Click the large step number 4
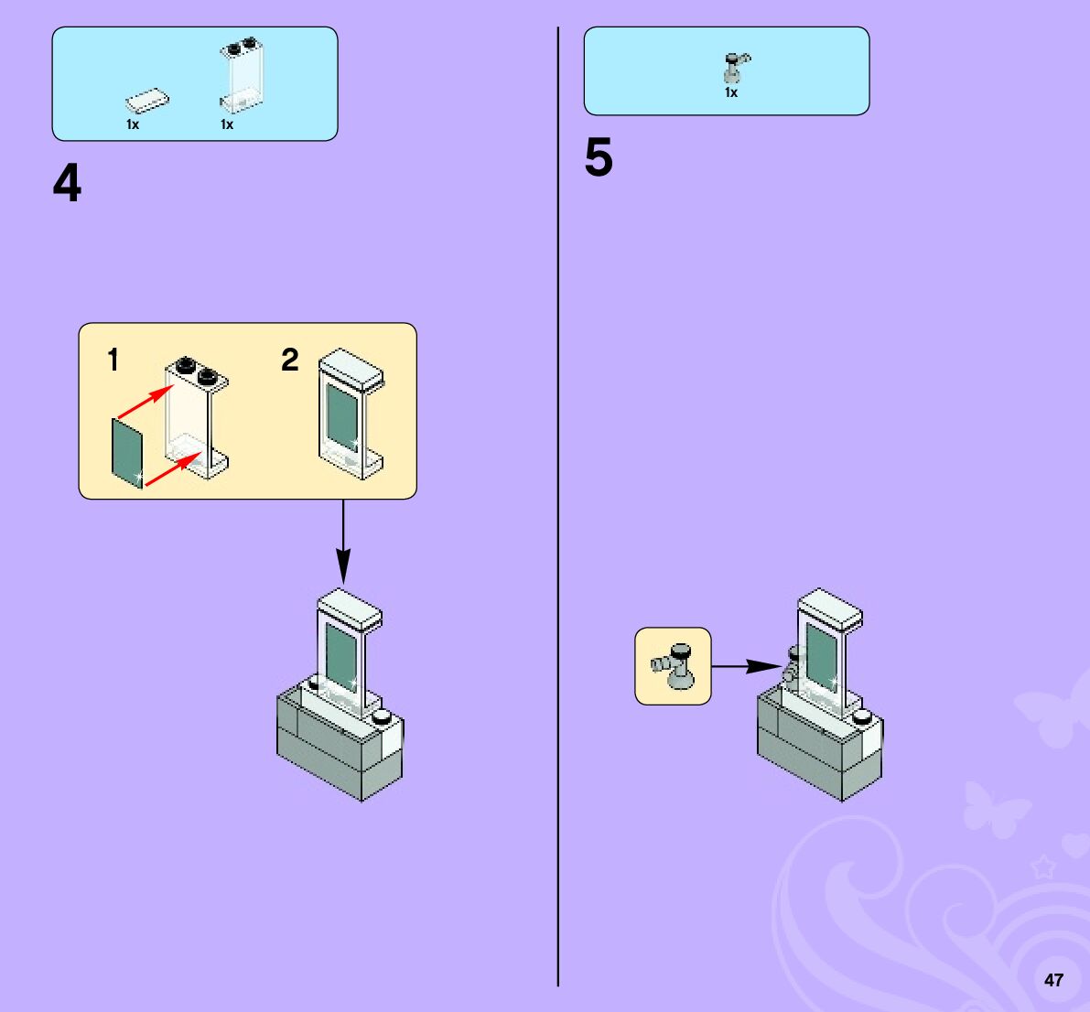click(67, 184)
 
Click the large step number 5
click(599, 158)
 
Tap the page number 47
click(1053, 980)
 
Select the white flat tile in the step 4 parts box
click(147, 99)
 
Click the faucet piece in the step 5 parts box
click(734, 67)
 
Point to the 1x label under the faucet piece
click(731, 93)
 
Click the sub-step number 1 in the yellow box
click(113, 361)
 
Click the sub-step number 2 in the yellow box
click(289, 361)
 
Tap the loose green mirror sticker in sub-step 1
click(127, 453)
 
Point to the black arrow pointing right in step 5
click(744, 666)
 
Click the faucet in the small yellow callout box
click(675, 665)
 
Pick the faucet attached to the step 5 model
click(793, 667)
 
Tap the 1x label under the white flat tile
click(133, 125)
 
